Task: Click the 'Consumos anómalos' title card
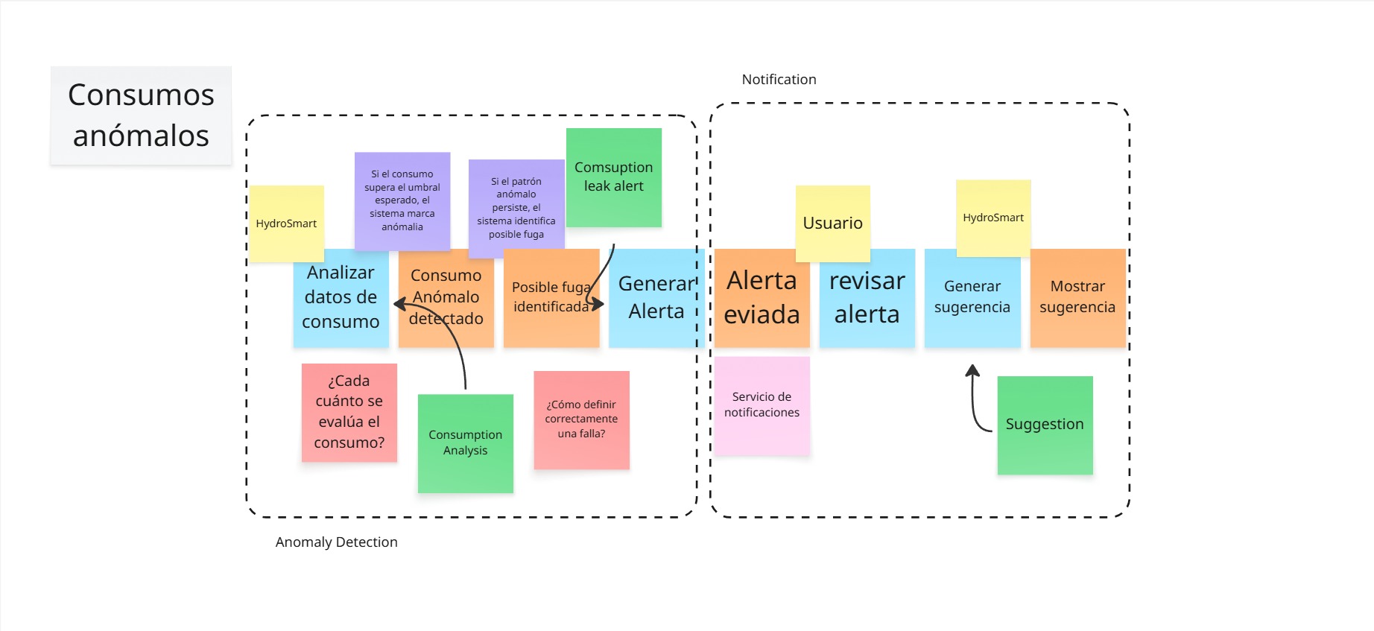pos(141,115)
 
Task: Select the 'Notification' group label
pos(779,80)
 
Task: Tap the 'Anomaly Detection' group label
pos(336,542)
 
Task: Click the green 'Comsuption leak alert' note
pos(614,177)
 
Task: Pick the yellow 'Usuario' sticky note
pos(833,223)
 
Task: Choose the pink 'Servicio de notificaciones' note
pos(762,405)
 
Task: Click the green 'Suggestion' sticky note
pos(1045,425)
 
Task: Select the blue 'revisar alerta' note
pos(867,298)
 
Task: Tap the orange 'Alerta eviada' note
pos(762,298)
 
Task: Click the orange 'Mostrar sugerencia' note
pos(1077,298)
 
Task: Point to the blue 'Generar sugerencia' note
pos(972,298)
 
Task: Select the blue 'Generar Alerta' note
pos(656,298)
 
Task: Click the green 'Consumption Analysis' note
pos(466,443)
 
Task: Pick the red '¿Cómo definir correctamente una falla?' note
pos(582,420)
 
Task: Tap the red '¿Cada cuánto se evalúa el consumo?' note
pos(349,413)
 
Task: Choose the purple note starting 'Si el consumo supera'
pos(402,201)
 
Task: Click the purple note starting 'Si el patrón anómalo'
pos(516,209)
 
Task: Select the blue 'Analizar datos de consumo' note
pos(341,298)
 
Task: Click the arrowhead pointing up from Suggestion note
pos(972,370)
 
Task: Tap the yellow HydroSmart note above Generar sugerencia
pos(993,218)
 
